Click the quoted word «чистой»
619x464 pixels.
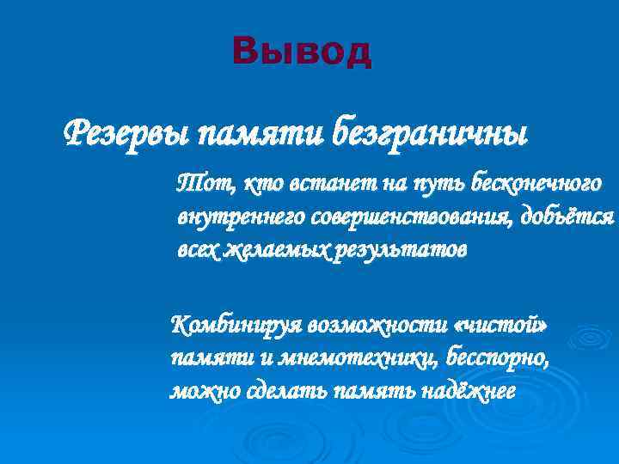pos(505,326)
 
